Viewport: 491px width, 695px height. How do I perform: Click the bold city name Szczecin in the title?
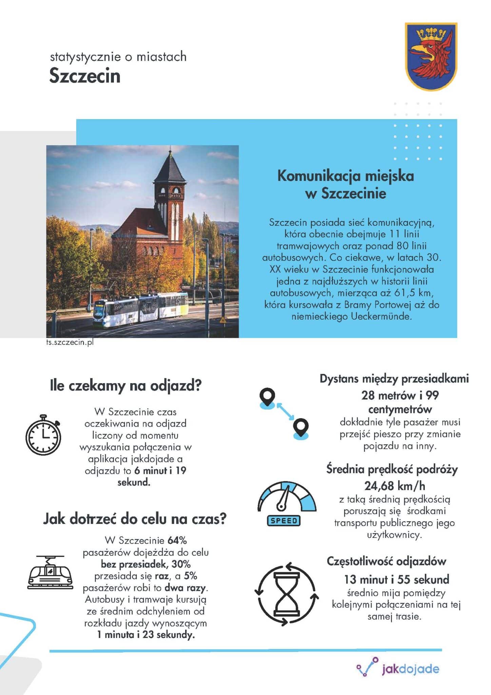click(x=85, y=76)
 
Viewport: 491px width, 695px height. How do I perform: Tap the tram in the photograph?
click(x=140, y=307)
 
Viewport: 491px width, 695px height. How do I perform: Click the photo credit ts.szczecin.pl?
click(x=70, y=342)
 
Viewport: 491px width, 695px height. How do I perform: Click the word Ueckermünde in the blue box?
click(x=381, y=317)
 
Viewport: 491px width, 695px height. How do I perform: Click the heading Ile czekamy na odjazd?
click(x=125, y=386)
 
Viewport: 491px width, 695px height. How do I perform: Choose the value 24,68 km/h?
click(x=395, y=486)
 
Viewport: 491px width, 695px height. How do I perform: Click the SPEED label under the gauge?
click(x=284, y=521)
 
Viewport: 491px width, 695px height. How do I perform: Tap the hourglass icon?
click(x=287, y=594)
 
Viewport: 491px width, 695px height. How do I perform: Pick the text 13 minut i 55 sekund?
click(x=396, y=579)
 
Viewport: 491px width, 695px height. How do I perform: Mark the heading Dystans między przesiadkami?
click(x=394, y=379)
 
